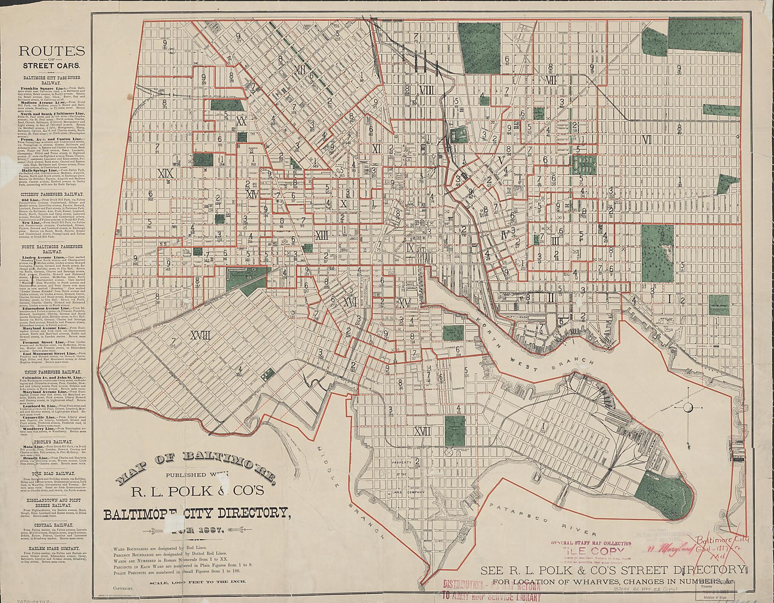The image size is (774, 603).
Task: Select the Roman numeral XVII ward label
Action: tap(423, 432)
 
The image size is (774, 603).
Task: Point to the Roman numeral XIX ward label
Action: tap(166, 174)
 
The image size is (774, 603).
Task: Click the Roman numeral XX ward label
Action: tap(241, 121)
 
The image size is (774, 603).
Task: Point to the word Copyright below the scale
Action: tap(123, 589)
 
